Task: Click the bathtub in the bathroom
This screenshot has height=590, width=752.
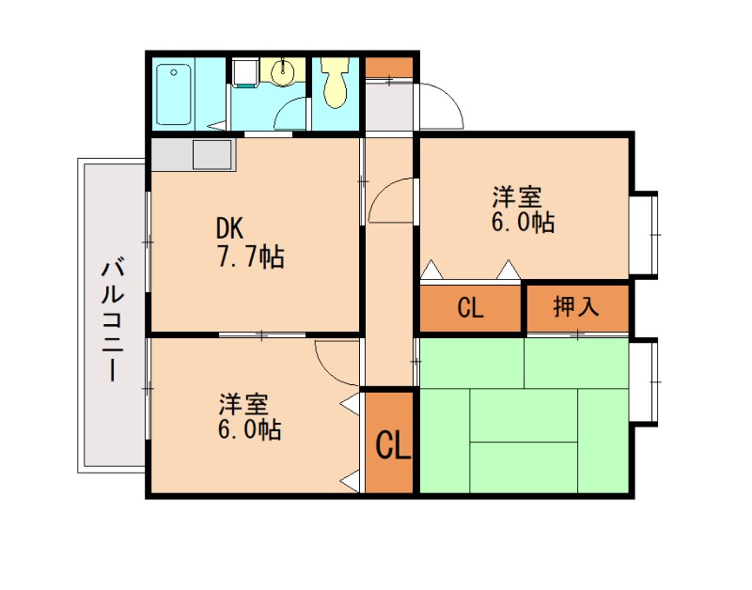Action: click(x=174, y=94)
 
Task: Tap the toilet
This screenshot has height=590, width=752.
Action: click(x=334, y=83)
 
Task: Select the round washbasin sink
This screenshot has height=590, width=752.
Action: click(x=283, y=71)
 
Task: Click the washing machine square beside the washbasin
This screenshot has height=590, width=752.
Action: click(x=244, y=71)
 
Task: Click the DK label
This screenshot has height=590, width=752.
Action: click(x=229, y=227)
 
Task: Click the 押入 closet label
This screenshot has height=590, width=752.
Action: click(x=575, y=307)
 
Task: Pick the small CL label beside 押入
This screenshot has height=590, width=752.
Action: click(x=470, y=308)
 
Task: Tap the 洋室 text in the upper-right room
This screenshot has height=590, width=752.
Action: click(x=517, y=197)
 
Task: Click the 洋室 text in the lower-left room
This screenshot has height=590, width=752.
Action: click(x=243, y=405)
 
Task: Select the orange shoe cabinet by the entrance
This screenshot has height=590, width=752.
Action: click(x=388, y=68)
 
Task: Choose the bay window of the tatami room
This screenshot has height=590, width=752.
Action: click(x=643, y=380)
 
